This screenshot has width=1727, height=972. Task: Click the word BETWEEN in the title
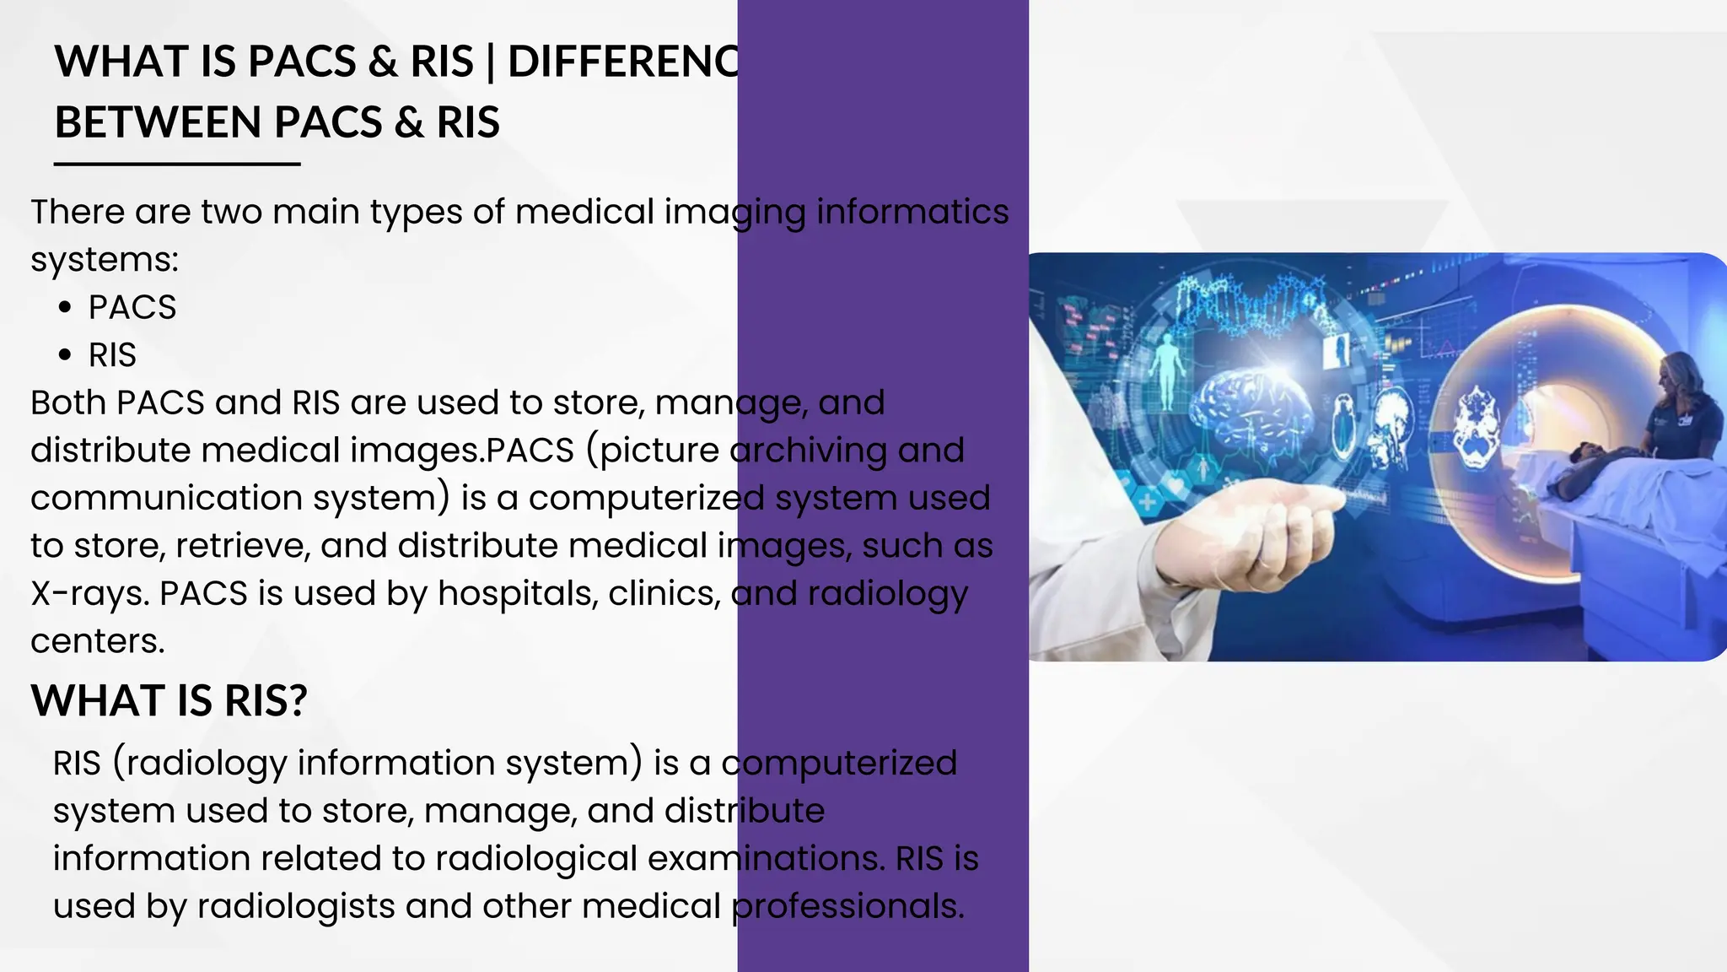coord(159,122)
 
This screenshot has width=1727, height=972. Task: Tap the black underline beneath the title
coord(177,164)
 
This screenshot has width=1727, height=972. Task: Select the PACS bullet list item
coord(132,307)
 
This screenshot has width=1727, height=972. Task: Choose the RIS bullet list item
coord(112,355)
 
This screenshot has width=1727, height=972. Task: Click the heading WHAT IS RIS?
coord(169,700)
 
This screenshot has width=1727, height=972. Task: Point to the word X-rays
coord(89,594)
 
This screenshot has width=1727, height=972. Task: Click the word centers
coord(97,641)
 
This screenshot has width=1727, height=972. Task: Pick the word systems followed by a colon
coord(105,260)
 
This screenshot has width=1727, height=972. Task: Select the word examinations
coord(767,858)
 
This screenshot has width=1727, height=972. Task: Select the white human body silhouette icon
coord(1166,371)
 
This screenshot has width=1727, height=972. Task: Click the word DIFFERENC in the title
coord(623,62)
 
